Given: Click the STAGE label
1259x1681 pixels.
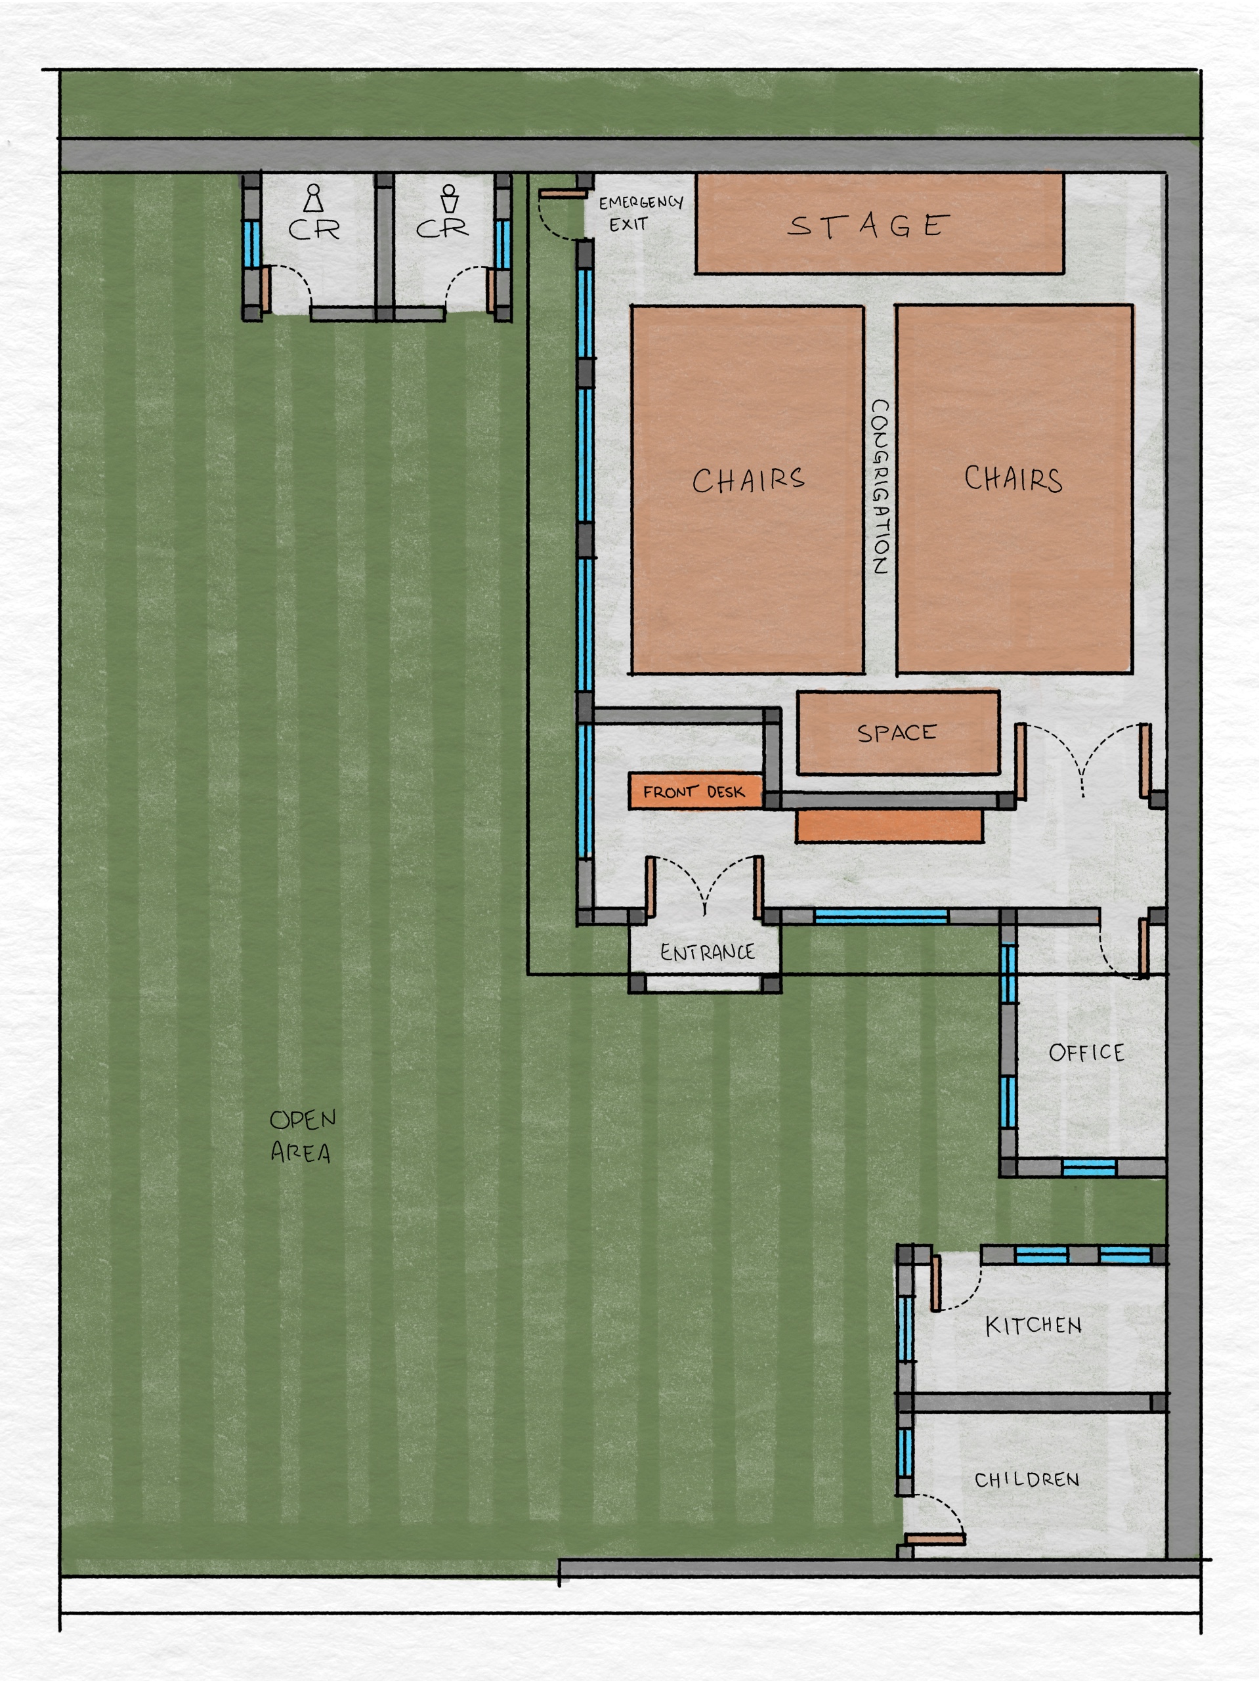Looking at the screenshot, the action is pyautogui.click(x=868, y=225).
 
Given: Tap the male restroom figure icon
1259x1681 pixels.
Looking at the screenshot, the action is pyautogui.click(x=450, y=198).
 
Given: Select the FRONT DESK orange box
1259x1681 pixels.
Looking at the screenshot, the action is pyautogui.click(x=695, y=791).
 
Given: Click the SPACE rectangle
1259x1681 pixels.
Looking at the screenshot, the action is pyautogui.click(x=898, y=733).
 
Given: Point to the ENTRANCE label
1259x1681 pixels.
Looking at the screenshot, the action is pyautogui.click(x=708, y=952).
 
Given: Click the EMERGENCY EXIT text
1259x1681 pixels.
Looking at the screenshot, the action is pyautogui.click(x=641, y=213).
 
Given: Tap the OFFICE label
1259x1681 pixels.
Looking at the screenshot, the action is pyautogui.click(x=1086, y=1053).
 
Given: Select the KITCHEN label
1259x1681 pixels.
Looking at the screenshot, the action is pyautogui.click(x=1033, y=1325).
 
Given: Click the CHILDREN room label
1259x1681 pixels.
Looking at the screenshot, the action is pyautogui.click(x=1027, y=1479).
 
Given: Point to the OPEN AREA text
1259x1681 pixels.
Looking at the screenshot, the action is pyautogui.click(x=303, y=1136).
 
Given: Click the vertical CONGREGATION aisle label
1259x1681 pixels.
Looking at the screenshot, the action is pyautogui.click(x=879, y=486).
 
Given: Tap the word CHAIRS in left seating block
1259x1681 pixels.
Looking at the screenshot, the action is pyautogui.click(x=748, y=480).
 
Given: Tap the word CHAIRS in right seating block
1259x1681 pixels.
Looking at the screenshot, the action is pyautogui.click(x=1014, y=479).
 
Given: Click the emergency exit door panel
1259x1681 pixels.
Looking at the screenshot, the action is pyautogui.click(x=563, y=194).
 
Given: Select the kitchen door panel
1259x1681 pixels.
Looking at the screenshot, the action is pyautogui.click(x=935, y=1283).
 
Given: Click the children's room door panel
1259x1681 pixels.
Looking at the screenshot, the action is pyautogui.click(x=935, y=1539).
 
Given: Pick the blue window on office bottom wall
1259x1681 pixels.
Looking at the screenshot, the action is pyautogui.click(x=1089, y=1167).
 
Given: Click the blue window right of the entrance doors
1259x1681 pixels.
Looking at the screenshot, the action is pyautogui.click(x=881, y=916).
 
